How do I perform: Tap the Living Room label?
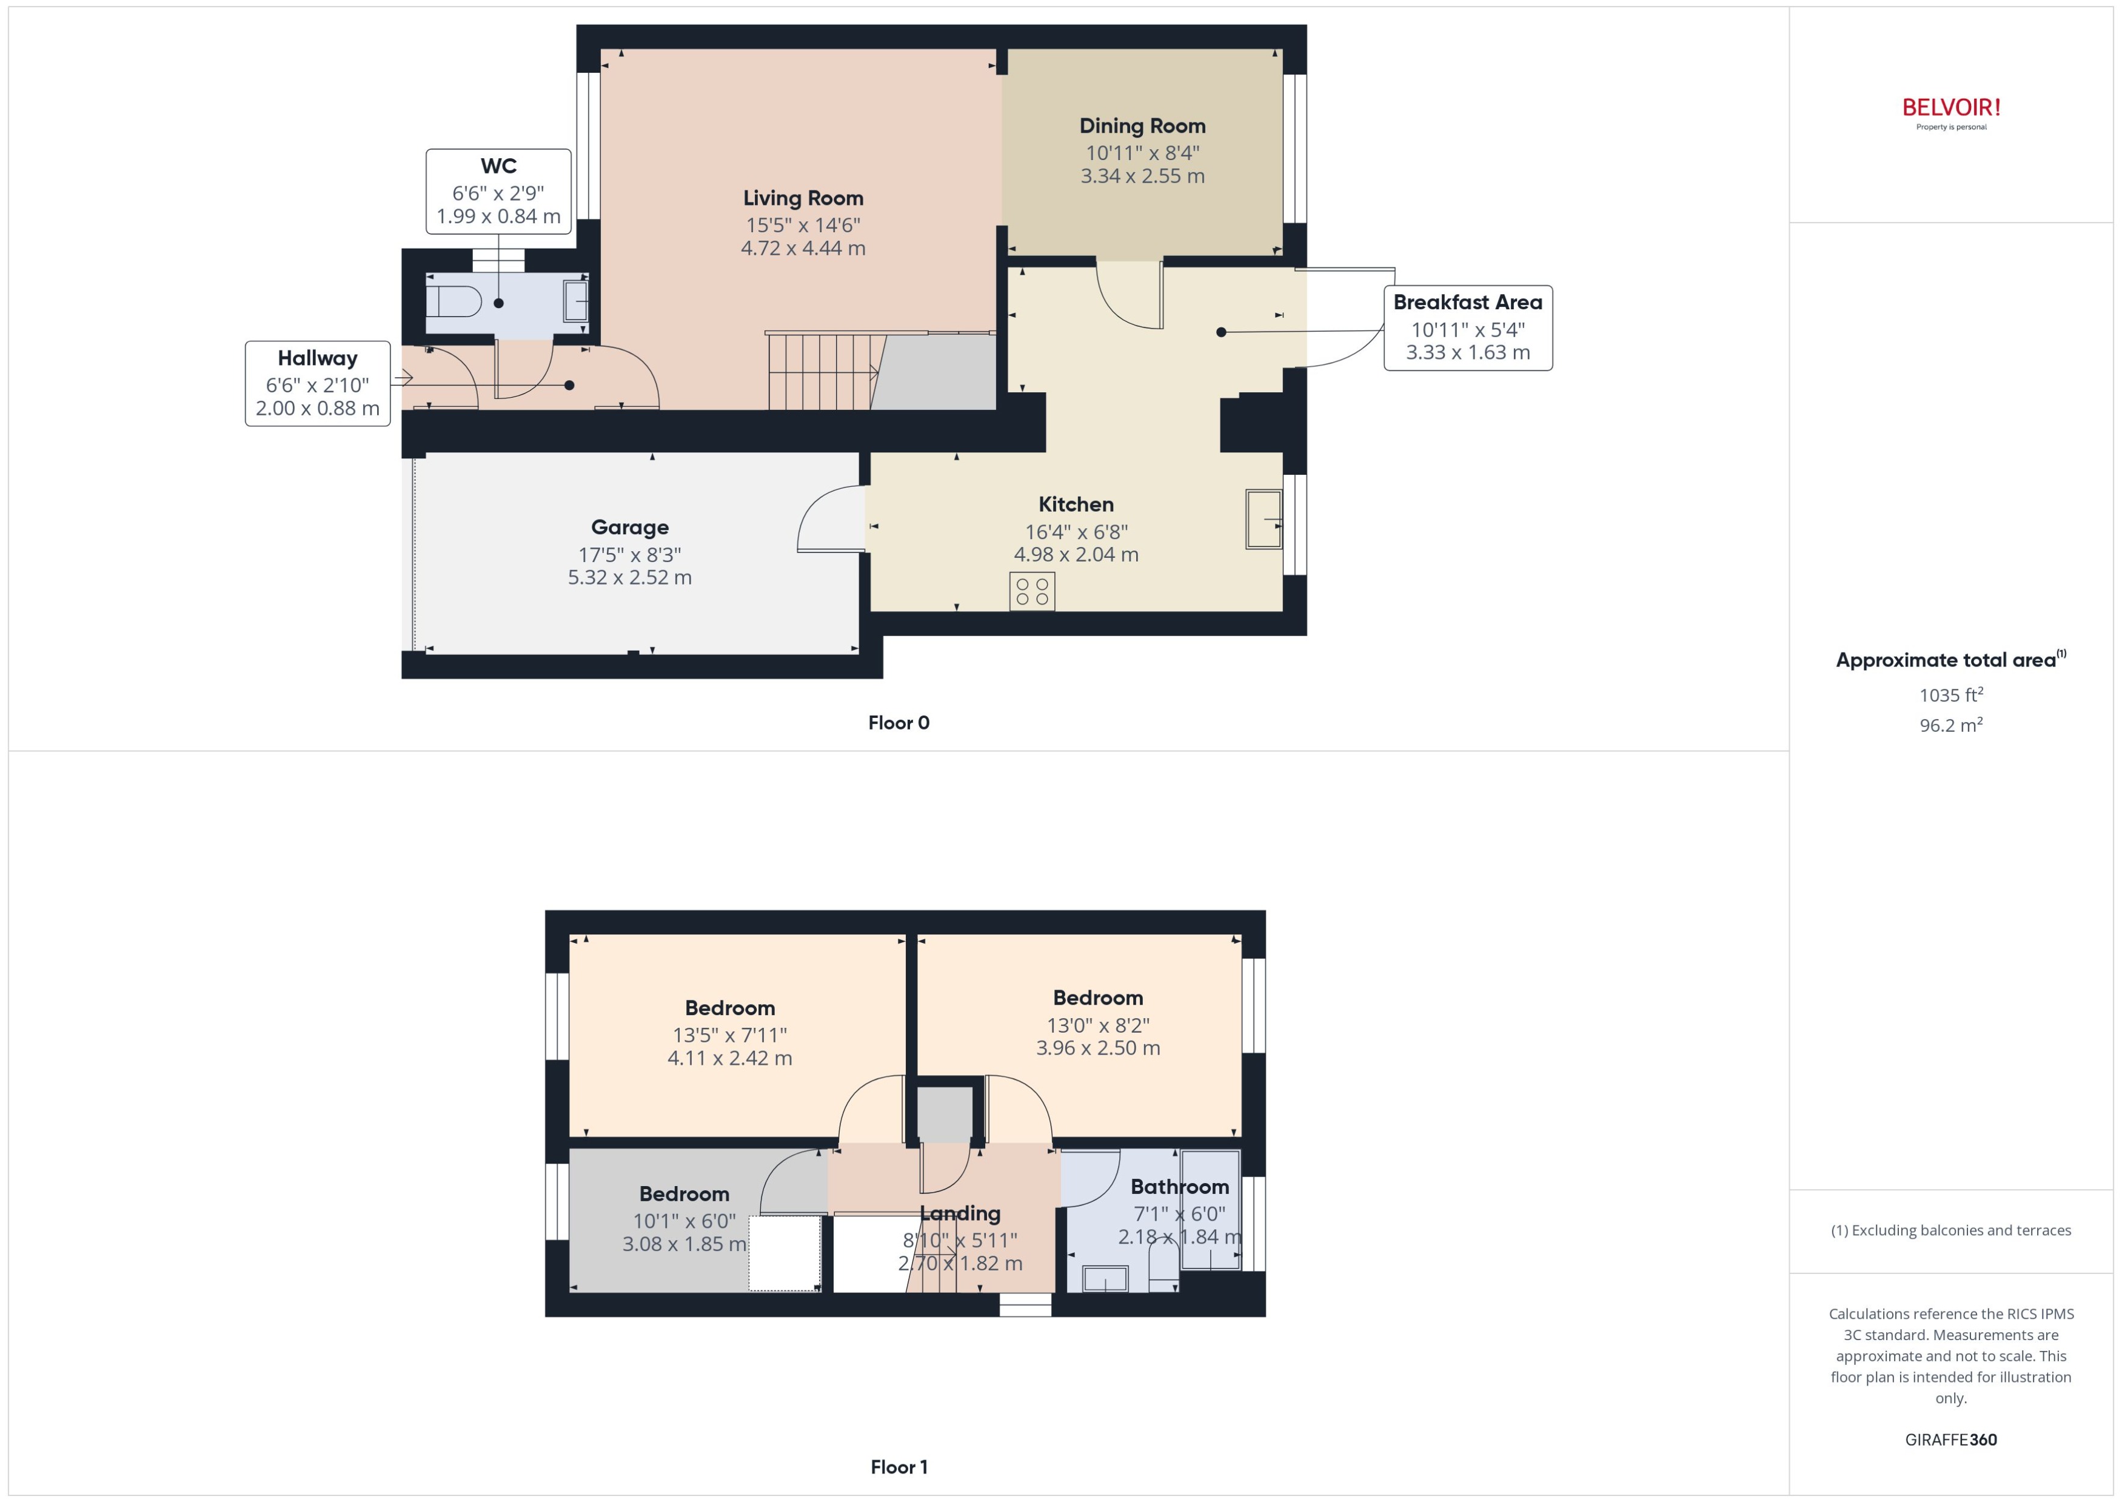click(x=803, y=198)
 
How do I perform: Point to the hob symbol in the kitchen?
click(x=1032, y=592)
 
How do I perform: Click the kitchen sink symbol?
click(x=1263, y=520)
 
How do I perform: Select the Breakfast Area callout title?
click(x=1467, y=303)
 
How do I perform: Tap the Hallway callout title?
click(x=317, y=358)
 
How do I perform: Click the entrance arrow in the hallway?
click(x=402, y=377)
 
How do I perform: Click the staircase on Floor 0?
click(x=821, y=372)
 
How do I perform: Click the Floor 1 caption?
click(x=898, y=1467)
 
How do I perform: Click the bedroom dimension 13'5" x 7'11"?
click(x=729, y=1035)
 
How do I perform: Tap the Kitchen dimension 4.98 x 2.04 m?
click(x=1076, y=554)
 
